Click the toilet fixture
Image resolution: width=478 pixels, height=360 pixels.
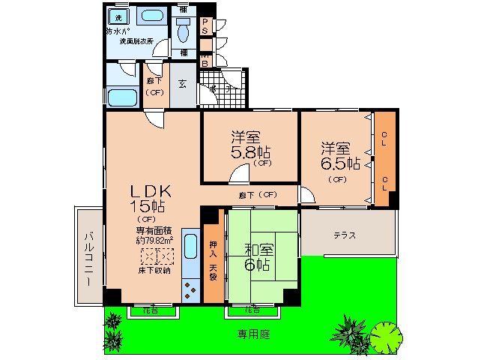coord(184,29)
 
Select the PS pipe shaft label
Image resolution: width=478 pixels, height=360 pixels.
coord(205,26)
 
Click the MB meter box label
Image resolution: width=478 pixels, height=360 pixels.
coord(205,59)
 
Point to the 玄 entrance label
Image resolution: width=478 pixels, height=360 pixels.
coord(183,83)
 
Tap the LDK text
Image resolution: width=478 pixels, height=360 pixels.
coord(153,190)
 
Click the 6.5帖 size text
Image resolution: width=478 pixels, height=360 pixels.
coord(342,162)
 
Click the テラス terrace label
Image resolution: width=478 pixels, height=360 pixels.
coord(345,235)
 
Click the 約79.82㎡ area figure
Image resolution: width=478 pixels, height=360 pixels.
coord(154,241)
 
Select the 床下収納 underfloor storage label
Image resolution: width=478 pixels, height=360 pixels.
coord(154,270)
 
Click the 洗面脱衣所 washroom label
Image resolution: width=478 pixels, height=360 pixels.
coord(139,42)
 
